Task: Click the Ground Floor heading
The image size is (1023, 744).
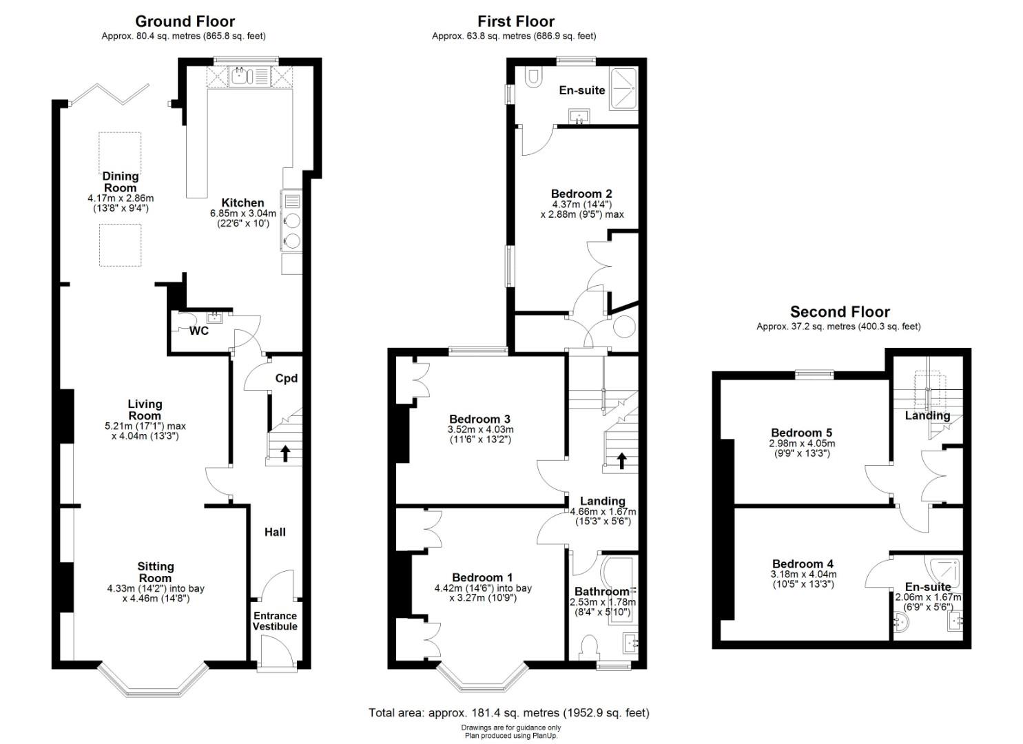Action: click(x=185, y=21)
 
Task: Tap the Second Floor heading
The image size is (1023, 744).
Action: click(x=839, y=312)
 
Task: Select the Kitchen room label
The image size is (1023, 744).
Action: click(x=242, y=203)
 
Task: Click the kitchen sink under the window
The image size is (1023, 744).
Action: click(x=241, y=76)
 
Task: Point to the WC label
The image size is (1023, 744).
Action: click(x=199, y=331)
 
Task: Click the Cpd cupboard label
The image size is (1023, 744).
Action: click(x=286, y=378)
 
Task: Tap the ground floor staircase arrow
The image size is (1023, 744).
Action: click(x=285, y=453)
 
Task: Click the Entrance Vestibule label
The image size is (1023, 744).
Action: click(x=275, y=621)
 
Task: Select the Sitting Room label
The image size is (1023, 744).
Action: click(x=156, y=572)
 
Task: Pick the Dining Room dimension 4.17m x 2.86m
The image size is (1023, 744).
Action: click(x=121, y=198)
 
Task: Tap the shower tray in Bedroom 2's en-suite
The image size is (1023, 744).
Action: click(x=623, y=89)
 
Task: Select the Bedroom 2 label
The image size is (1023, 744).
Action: click(x=581, y=194)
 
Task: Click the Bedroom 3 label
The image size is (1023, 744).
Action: click(x=479, y=419)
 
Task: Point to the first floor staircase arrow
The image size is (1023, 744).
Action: click(x=621, y=460)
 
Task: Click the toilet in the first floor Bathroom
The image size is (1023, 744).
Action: click(x=588, y=648)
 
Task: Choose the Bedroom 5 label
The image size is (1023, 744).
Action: click(x=801, y=433)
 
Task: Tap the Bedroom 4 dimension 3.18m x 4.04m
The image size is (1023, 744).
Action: click(x=803, y=575)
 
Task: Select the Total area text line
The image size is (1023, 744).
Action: click(x=509, y=713)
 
